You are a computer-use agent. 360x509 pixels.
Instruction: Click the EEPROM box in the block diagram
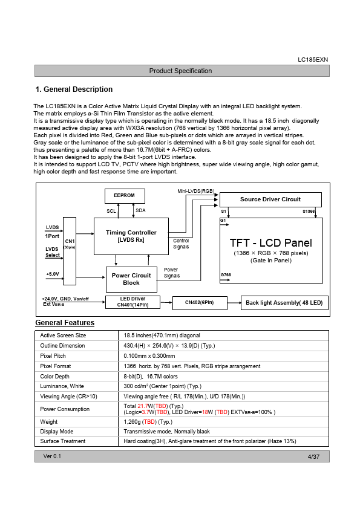(x=125, y=196)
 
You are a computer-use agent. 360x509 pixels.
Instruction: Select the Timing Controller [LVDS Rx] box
(x=131, y=236)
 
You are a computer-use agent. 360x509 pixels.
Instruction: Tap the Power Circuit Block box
(x=131, y=279)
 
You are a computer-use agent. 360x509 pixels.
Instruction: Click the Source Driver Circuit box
(x=270, y=199)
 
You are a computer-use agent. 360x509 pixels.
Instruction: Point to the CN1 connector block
(x=70, y=251)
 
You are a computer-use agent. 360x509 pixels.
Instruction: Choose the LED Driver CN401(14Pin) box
(x=133, y=302)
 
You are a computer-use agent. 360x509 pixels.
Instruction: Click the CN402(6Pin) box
(x=200, y=302)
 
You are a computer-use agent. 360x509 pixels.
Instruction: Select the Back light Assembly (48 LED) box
(x=284, y=302)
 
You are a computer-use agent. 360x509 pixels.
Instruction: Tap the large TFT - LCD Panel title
(x=271, y=243)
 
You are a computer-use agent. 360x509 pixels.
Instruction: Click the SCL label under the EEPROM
(x=111, y=211)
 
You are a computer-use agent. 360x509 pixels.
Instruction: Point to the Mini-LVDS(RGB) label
(x=196, y=191)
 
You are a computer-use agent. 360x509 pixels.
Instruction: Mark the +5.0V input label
(x=53, y=274)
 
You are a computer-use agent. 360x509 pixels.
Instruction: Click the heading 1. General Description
(x=74, y=89)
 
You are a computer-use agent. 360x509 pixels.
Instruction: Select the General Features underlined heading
(x=65, y=323)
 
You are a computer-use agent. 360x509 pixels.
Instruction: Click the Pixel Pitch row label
(x=53, y=356)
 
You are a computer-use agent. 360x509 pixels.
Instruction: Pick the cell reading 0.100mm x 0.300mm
(x=149, y=356)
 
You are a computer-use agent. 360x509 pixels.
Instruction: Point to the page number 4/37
(x=313, y=457)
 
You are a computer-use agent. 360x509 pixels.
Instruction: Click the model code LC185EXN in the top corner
(x=313, y=60)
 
